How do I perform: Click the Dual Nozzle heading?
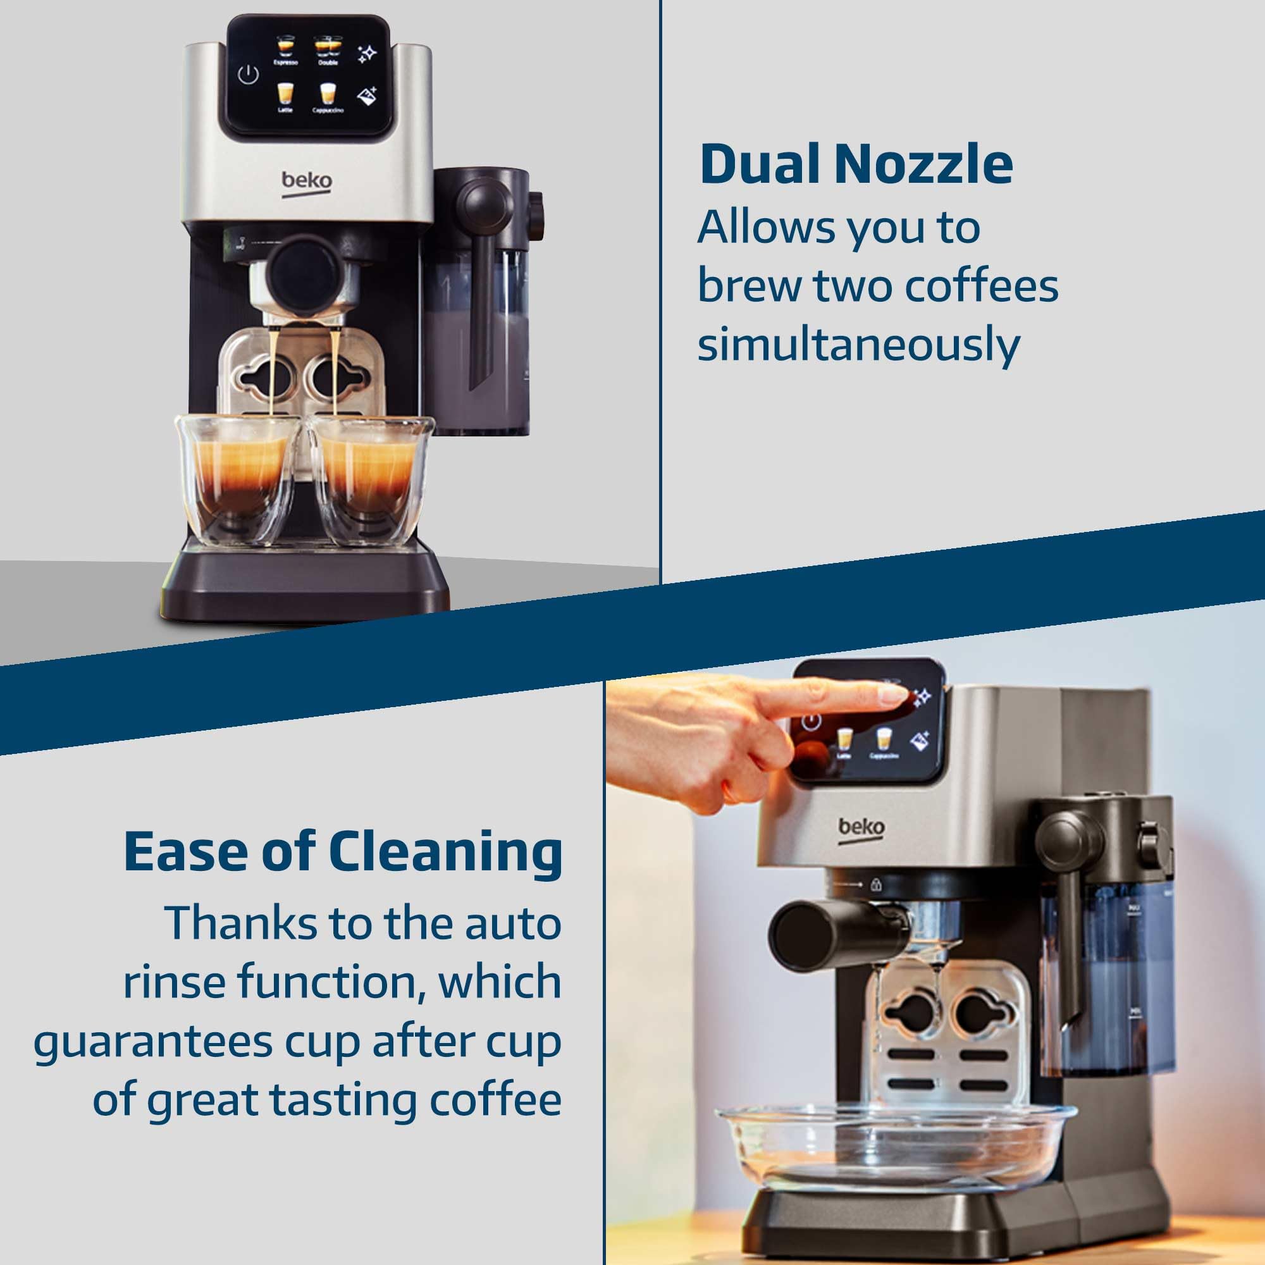point(856,165)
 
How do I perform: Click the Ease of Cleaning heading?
point(342,853)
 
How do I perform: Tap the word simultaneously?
point(858,345)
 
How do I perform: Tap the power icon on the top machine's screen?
point(248,75)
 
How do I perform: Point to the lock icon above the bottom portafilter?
point(876,885)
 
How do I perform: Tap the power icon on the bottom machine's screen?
point(811,723)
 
